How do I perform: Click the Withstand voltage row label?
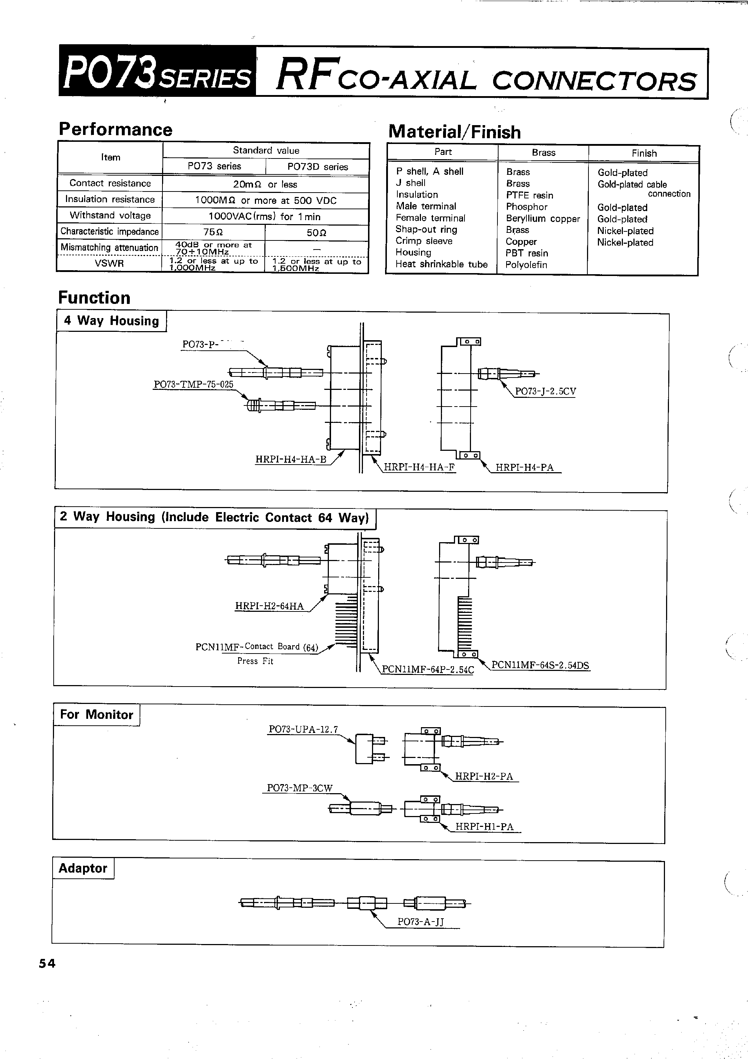(x=110, y=215)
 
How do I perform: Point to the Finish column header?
(x=644, y=153)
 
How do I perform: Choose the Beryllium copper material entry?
(x=543, y=219)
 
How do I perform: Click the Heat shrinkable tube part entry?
(x=441, y=264)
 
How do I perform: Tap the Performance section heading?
(x=115, y=129)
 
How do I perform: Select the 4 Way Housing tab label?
(x=111, y=321)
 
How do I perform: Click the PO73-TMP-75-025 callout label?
(x=193, y=384)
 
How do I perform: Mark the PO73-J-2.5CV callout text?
(x=545, y=392)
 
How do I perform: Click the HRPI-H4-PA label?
(x=524, y=467)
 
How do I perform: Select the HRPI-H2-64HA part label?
(x=269, y=606)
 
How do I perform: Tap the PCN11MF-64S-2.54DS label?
(x=540, y=665)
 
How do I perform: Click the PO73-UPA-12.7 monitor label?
(x=303, y=729)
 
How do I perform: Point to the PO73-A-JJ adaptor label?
(x=420, y=922)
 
